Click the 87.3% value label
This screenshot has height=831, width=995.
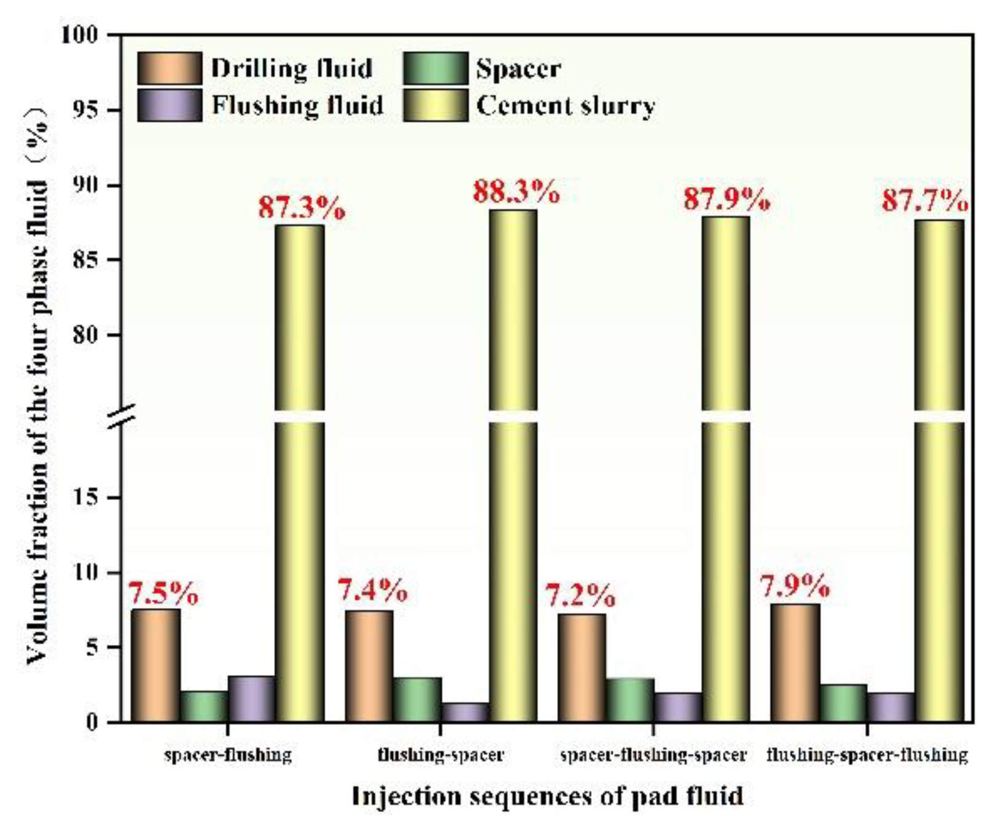click(301, 208)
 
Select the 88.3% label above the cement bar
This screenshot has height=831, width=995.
click(516, 192)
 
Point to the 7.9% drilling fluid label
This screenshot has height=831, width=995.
click(795, 586)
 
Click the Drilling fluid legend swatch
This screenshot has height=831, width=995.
click(170, 68)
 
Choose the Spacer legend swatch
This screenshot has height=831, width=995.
click(435, 68)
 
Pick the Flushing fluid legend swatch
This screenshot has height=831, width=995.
click(170, 105)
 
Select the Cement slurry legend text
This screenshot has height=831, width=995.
click(566, 106)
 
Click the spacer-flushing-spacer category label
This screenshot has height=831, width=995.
click(654, 754)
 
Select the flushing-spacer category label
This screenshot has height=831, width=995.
click(440, 754)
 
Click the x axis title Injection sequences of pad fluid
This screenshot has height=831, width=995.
click(547, 796)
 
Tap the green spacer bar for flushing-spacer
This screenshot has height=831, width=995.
click(417, 700)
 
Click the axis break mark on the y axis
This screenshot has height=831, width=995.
click(122, 416)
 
